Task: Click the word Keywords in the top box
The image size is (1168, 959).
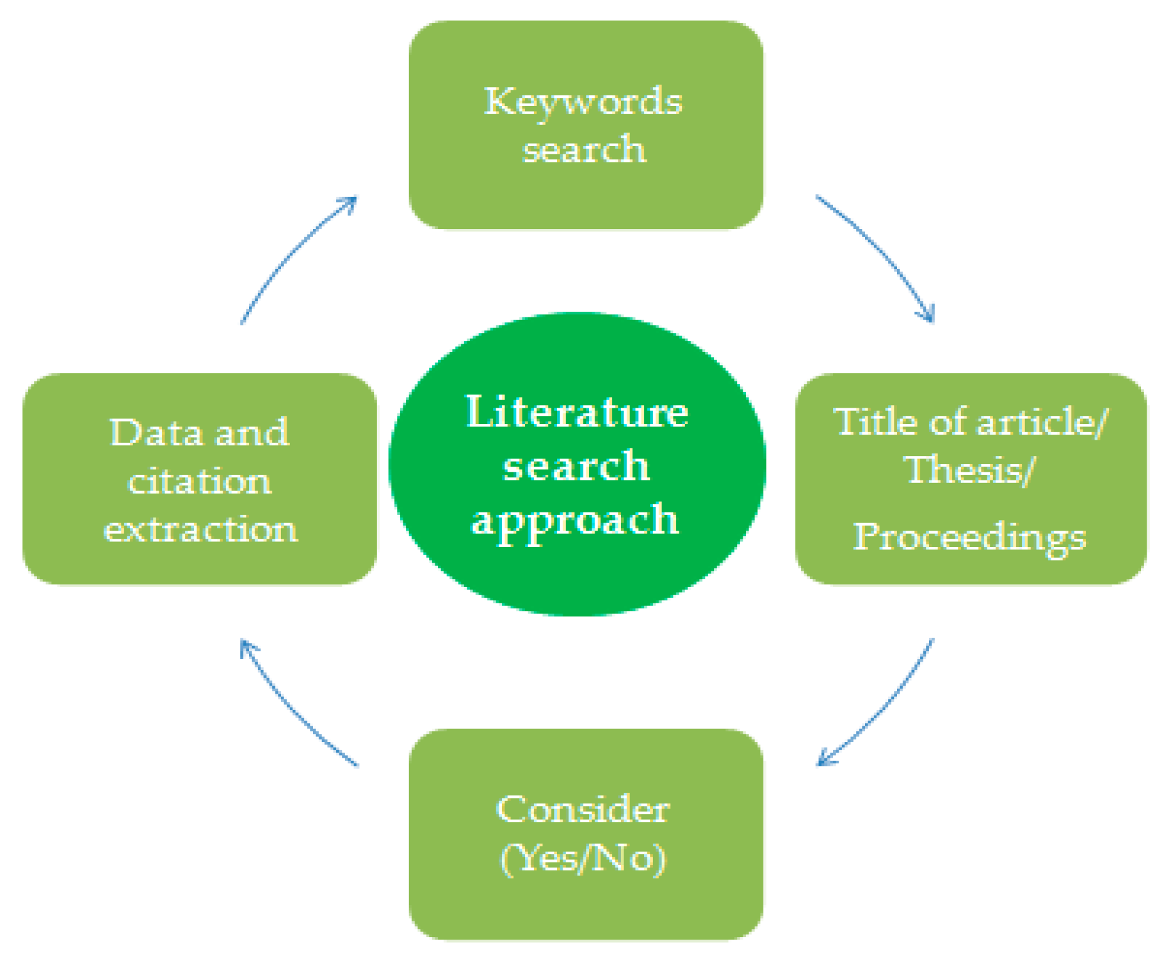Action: coord(583,102)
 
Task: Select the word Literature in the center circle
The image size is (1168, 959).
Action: coord(576,412)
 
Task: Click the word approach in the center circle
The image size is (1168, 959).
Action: coord(575,520)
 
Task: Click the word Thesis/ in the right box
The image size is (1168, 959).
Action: coord(969,470)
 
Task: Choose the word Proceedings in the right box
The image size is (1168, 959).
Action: coord(969,538)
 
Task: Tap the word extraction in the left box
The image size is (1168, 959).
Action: coord(200,529)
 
